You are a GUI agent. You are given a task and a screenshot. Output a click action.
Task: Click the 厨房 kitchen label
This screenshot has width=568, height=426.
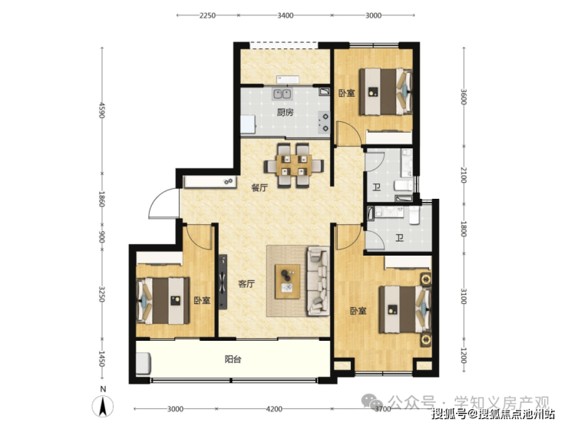click(285, 112)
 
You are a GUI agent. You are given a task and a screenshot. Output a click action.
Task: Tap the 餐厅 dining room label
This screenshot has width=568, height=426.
click(259, 187)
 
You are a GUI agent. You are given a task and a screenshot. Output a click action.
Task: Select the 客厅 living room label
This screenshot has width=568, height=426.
click(246, 284)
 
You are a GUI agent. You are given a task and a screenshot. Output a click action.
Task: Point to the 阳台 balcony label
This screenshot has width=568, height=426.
click(233, 359)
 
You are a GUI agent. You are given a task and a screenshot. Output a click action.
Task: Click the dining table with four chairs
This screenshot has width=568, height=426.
click(293, 166)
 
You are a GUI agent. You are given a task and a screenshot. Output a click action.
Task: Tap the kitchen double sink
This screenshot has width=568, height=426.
click(282, 94)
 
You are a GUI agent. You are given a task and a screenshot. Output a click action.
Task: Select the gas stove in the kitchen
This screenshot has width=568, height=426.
click(324, 122)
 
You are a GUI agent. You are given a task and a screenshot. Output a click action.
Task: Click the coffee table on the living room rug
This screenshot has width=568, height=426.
click(288, 282)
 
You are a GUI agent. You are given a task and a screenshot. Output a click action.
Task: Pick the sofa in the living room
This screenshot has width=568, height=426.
click(319, 281)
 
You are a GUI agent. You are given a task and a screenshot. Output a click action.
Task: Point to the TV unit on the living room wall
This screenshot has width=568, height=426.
click(223, 282)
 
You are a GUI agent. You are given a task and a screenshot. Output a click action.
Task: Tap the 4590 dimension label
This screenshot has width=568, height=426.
click(102, 110)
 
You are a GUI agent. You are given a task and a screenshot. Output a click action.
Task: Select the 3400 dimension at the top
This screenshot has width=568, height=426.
click(285, 15)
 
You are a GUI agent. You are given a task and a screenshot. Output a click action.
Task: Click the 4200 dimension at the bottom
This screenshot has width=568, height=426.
click(274, 409)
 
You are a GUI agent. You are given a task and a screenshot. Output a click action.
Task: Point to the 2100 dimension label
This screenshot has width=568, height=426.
click(464, 174)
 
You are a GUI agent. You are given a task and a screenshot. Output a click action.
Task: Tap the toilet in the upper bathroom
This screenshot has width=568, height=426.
click(403, 185)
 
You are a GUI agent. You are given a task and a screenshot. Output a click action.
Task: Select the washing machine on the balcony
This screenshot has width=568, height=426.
click(144, 364)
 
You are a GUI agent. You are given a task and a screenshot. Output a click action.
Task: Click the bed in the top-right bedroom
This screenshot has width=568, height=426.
click(386, 91)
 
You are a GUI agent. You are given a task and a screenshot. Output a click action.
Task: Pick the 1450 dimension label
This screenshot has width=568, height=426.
click(102, 358)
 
